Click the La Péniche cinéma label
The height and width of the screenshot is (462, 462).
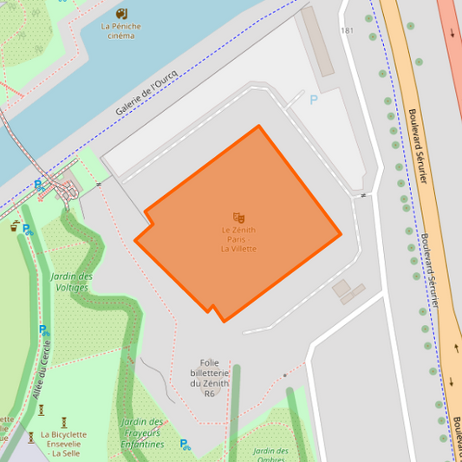coord(120,30)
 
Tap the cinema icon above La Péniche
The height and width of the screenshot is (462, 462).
coord(120,13)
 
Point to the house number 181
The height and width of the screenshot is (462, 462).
coord(348,31)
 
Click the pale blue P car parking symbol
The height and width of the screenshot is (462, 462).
coord(314,100)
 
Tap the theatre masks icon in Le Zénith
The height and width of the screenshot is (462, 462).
coord(238,217)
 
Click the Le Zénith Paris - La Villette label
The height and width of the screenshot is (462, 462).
coord(238,239)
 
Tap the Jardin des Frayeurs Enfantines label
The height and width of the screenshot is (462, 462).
coord(143,433)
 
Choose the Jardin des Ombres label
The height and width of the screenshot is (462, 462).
coord(270,455)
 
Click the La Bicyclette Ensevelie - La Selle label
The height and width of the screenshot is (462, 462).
coord(63,443)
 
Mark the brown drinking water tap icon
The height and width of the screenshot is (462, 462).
coord(15,226)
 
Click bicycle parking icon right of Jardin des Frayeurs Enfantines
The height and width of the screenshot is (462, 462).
coord(185,444)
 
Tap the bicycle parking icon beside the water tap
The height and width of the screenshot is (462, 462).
coord(28,230)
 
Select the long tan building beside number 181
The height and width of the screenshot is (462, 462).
coord(317,42)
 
